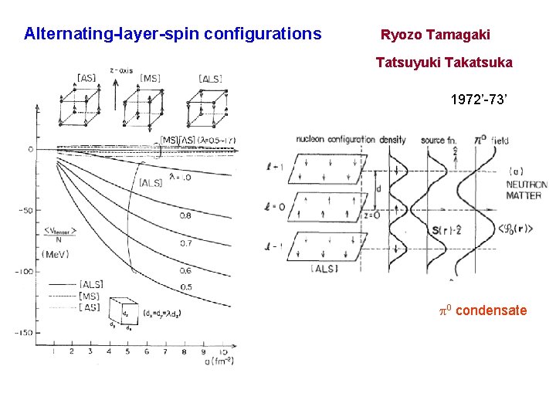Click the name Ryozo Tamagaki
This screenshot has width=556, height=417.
[435, 35]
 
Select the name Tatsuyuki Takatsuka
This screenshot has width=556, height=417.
[444, 62]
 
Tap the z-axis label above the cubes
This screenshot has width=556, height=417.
[120, 70]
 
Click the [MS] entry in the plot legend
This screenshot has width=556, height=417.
[91, 295]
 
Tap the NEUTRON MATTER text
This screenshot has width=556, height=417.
[526, 190]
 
